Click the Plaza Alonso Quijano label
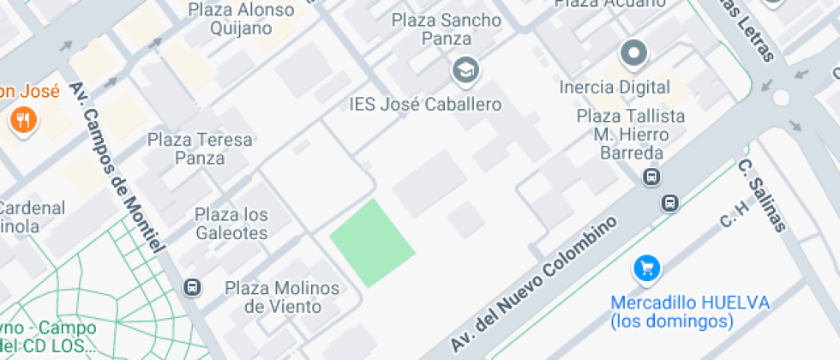pyautogui.click(x=241, y=19)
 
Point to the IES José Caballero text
pyautogui.click(x=425, y=105)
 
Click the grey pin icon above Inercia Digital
pyautogui.click(x=634, y=54)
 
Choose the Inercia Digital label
pyautogui.click(x=614, y=87)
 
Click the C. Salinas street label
pyautogui.click(x=762, y=195)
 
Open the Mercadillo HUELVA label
pyautogui.click(x=690, y=303)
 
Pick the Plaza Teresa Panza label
pyautogui.click(x=200, y=148)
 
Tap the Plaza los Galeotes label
pyautogui.click(x=231, y=223)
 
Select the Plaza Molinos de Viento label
pyautogui.click(x=282, y=297)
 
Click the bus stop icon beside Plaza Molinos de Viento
pyautogui.click(x=193, y=287)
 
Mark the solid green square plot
pyautogui.click(x=373, y=243)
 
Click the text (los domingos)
pyautogui.click(x=673, y=321)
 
